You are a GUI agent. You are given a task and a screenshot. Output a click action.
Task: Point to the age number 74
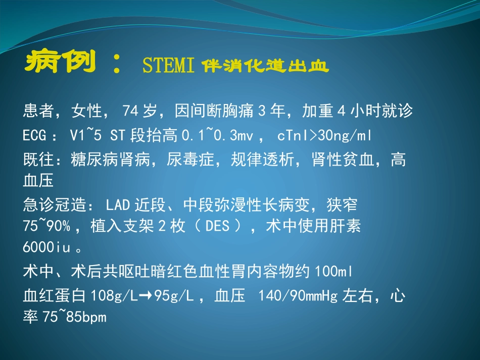130,111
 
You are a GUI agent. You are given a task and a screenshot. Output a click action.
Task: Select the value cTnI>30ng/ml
325,136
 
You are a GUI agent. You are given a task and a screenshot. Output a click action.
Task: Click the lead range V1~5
80,136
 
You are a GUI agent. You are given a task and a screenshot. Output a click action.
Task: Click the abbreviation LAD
119,205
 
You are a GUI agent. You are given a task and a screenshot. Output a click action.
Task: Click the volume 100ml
334,272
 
